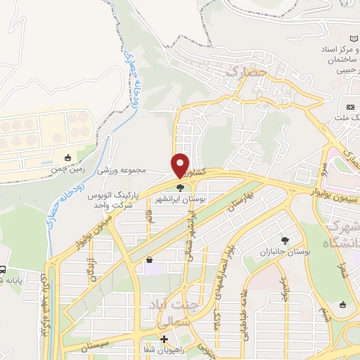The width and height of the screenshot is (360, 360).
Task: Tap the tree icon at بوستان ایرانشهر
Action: pos(181,188)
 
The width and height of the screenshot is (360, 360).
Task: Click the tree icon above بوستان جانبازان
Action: pos(285,240)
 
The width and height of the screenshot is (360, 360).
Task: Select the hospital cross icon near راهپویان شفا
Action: pos(165,339)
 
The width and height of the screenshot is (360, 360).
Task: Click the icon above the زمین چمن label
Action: pos(67,158)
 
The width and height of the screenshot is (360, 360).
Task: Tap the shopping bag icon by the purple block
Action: pos(149,260)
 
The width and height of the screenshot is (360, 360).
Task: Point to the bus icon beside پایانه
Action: pos(2,270)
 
